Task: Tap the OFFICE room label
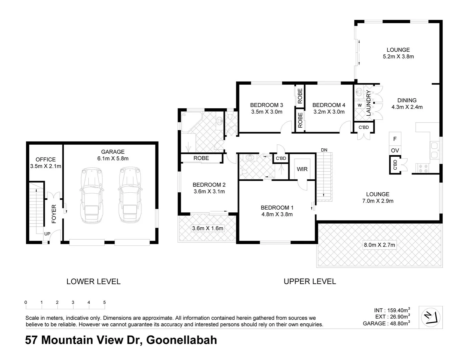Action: (x=46, y=160)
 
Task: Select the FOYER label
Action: (x=54, y=214)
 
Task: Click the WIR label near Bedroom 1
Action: (x=302, y=169)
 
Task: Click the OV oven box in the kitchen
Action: (x=395, y=150)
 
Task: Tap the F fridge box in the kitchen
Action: (x=395, y=139)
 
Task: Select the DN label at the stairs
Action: (x=324, y=150)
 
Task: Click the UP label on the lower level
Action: (x=47, y=234)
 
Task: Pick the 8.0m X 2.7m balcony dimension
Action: (x=379, y=245)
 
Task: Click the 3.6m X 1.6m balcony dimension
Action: (x=208, y=228)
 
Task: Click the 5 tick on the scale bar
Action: (x=105, y=302)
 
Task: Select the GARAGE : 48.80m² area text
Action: (x=386, y=323)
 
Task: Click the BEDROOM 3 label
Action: (x=266, y=105)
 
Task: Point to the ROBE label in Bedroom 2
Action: (x=201, y=158)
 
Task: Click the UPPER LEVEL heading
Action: (x=310, y=281)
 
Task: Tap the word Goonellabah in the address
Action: (x=182, y=340)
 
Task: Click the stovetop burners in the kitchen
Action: (x=422, y=168)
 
